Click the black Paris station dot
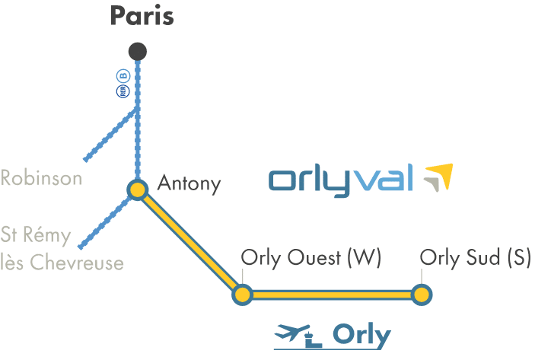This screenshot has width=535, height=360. coord(138,52)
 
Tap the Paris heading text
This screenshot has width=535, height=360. coord(142,16)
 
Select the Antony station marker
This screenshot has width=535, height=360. coord(138,190)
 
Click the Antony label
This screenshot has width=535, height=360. coord(189,183)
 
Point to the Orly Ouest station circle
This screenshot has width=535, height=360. coord(242,295)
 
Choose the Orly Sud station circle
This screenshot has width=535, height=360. coord(422,295)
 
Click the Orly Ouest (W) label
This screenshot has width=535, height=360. coord(310,258)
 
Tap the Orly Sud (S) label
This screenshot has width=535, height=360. coord(476,258)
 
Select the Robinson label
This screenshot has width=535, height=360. coord(41,178)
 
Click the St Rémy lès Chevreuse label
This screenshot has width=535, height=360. coord(62,248)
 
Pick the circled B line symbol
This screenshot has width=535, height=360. coord(123,76)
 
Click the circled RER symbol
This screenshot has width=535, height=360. coord(123,91)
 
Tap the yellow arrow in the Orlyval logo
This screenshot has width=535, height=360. coord(441,174)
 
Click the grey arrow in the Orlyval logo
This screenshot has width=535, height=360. coord(432,184)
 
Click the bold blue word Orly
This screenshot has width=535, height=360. coord(361,336)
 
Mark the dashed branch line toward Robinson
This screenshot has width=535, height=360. coord(110,135)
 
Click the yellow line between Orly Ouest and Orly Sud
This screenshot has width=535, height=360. coord(332,295)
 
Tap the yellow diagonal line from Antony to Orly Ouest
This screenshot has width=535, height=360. coord(190,242)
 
